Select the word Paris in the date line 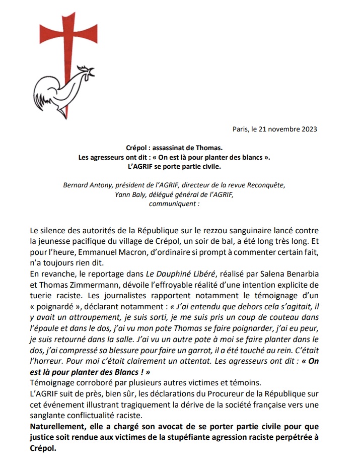(x=241, y=129)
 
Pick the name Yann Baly (x=132, y=194)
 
